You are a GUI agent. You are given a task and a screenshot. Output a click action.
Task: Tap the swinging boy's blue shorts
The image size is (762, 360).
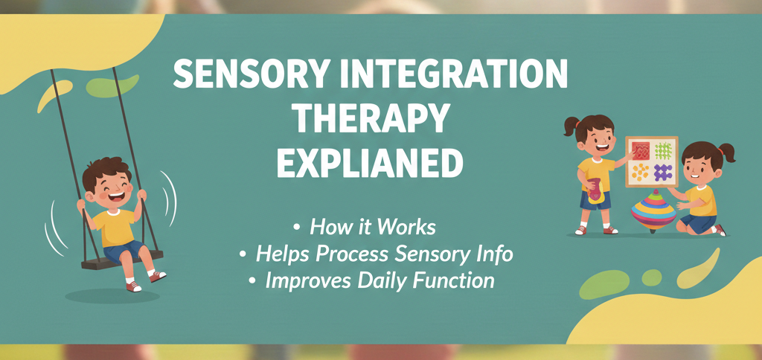coord(124,249)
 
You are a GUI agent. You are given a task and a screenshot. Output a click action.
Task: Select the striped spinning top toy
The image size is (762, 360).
coord(653,210)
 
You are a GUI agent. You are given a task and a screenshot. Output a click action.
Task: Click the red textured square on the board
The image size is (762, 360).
coord(640,151)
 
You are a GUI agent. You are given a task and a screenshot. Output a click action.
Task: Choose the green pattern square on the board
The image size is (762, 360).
coord(664,151)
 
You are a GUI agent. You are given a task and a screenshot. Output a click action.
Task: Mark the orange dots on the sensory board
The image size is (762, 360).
coord(640,173)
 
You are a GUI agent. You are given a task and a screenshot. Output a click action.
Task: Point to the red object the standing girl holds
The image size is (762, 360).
coord(595,190)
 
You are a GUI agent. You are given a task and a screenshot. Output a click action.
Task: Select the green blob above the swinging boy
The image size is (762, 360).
coord(112,86)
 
